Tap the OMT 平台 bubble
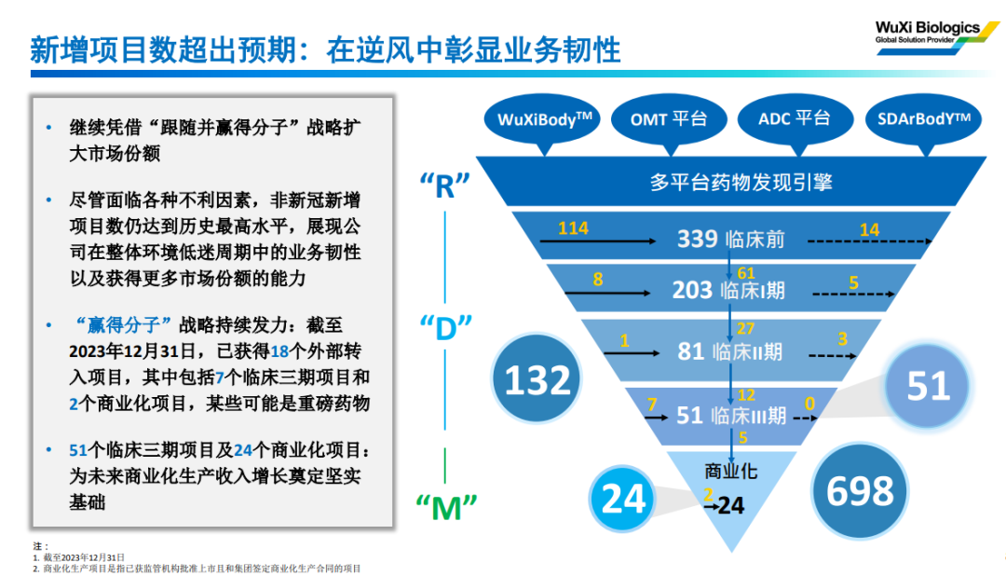(x=668, y=118)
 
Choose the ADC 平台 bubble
(x=794, y=118)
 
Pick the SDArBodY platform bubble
(x=922, y=118)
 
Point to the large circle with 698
(x=860, y=491)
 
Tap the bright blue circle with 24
(x=623, y=498)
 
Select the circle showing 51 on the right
(x=928, y=385)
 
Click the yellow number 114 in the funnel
(x=573, y=228)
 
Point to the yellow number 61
(x=746, y=272)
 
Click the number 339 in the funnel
(x=697, y=240)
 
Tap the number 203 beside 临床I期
(x=692, y=290)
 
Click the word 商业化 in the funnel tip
(x=731, y=472)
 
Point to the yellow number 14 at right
(x=869, y=229)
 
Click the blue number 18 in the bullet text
(x=279, y=351)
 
